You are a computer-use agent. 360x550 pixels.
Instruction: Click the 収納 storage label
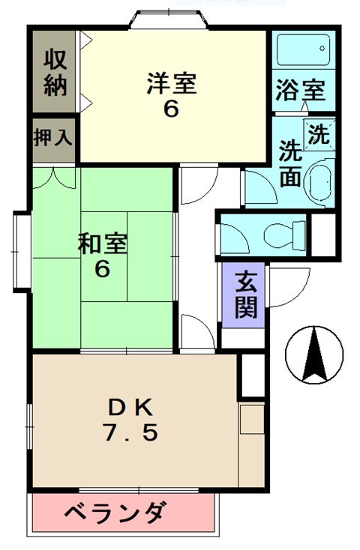tap(55, 72)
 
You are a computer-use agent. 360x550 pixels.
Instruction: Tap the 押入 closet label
tap(52, 139)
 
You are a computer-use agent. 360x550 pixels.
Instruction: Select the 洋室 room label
tap(172, 83)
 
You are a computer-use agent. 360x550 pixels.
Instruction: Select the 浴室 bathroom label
tap(301, 91)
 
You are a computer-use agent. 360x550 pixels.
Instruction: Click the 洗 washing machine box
tap(319, 135)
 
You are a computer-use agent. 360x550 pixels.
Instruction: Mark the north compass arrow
tap(313, 354)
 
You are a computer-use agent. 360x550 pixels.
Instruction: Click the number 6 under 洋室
tap(171, 109)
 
